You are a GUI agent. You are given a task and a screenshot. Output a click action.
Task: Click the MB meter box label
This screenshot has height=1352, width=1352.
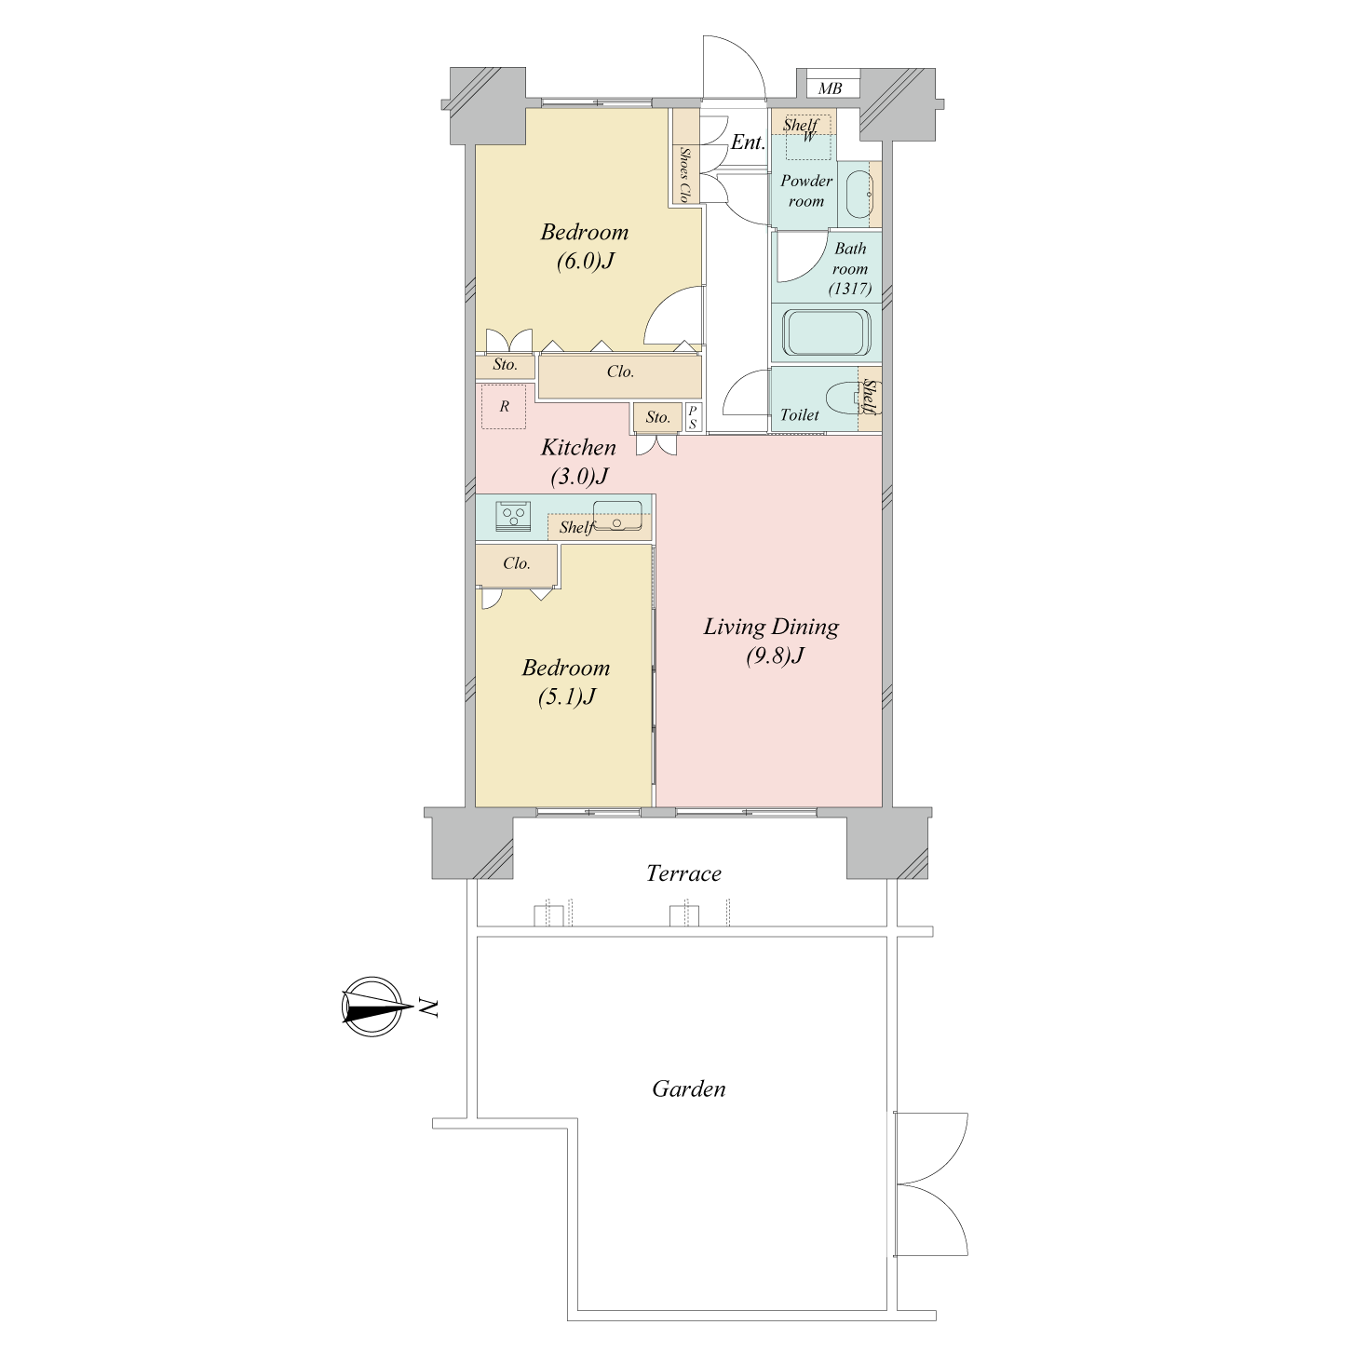(x=830, y=88)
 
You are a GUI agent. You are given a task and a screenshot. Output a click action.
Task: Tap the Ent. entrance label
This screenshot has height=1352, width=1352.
(x=748, y=142)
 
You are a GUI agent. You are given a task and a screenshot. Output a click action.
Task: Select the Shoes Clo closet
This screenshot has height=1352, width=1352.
(x=686, y=155)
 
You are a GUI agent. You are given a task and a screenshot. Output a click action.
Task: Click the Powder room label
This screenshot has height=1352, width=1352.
(x=806, y=191)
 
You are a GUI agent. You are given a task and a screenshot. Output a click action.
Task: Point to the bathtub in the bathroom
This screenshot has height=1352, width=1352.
(x=826, y=332)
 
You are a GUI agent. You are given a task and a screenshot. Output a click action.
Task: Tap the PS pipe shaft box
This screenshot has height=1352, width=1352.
(x=693, y=417)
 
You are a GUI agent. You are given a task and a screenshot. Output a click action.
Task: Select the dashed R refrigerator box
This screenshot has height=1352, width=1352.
(x=504, y=407)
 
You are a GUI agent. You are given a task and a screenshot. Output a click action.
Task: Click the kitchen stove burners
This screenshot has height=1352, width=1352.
(x=513, y=517)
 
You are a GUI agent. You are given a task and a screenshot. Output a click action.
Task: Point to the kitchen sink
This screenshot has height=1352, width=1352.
(x=617, y=516)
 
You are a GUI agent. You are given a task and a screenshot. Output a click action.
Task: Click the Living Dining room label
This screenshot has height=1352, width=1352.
(x=771, y=640)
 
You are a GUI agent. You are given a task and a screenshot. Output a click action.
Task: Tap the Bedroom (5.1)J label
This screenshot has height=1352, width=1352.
(x=566, y=682)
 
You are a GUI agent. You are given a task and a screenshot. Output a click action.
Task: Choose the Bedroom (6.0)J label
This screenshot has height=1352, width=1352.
(x=585, y=246)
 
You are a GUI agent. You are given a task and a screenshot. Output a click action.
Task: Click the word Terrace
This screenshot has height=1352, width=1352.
(x=683, y=872)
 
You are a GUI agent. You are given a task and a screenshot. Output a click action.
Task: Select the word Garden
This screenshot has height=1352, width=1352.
(x=688, y=1088)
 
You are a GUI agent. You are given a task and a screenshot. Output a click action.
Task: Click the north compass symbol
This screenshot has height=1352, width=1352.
(x=374, y=1007)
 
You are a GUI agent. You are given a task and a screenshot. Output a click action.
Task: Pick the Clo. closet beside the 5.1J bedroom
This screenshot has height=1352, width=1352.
(x=517, y=565)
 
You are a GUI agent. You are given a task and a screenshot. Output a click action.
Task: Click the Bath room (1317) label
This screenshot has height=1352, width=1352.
(x=849, y=268)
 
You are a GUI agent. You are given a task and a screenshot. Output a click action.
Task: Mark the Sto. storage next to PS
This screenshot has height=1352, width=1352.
(x=657, y=417)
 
